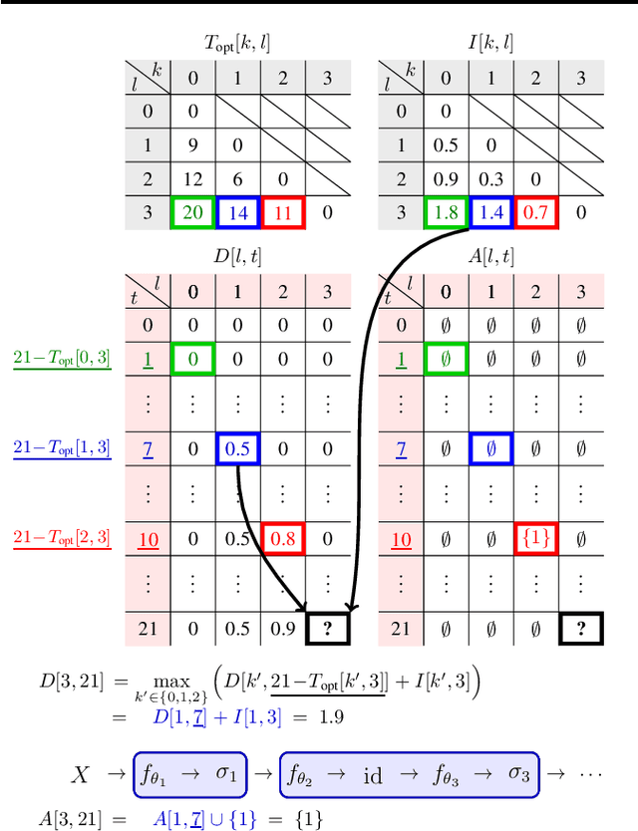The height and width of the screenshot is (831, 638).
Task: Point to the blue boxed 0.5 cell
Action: [238, 448]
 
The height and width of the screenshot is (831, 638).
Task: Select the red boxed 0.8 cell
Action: [284, 539]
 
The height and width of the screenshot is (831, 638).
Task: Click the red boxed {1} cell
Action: [535, 539]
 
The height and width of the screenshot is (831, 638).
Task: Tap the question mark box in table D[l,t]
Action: [329, 629]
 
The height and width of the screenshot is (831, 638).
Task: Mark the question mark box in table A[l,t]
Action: [581, 629]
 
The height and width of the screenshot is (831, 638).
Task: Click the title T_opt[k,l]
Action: [237, 42]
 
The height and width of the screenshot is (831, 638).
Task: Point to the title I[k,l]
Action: [489, 42]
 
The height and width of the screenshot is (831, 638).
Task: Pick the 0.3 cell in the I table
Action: [489, 178]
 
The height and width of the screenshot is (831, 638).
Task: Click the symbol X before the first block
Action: [82, 774]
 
